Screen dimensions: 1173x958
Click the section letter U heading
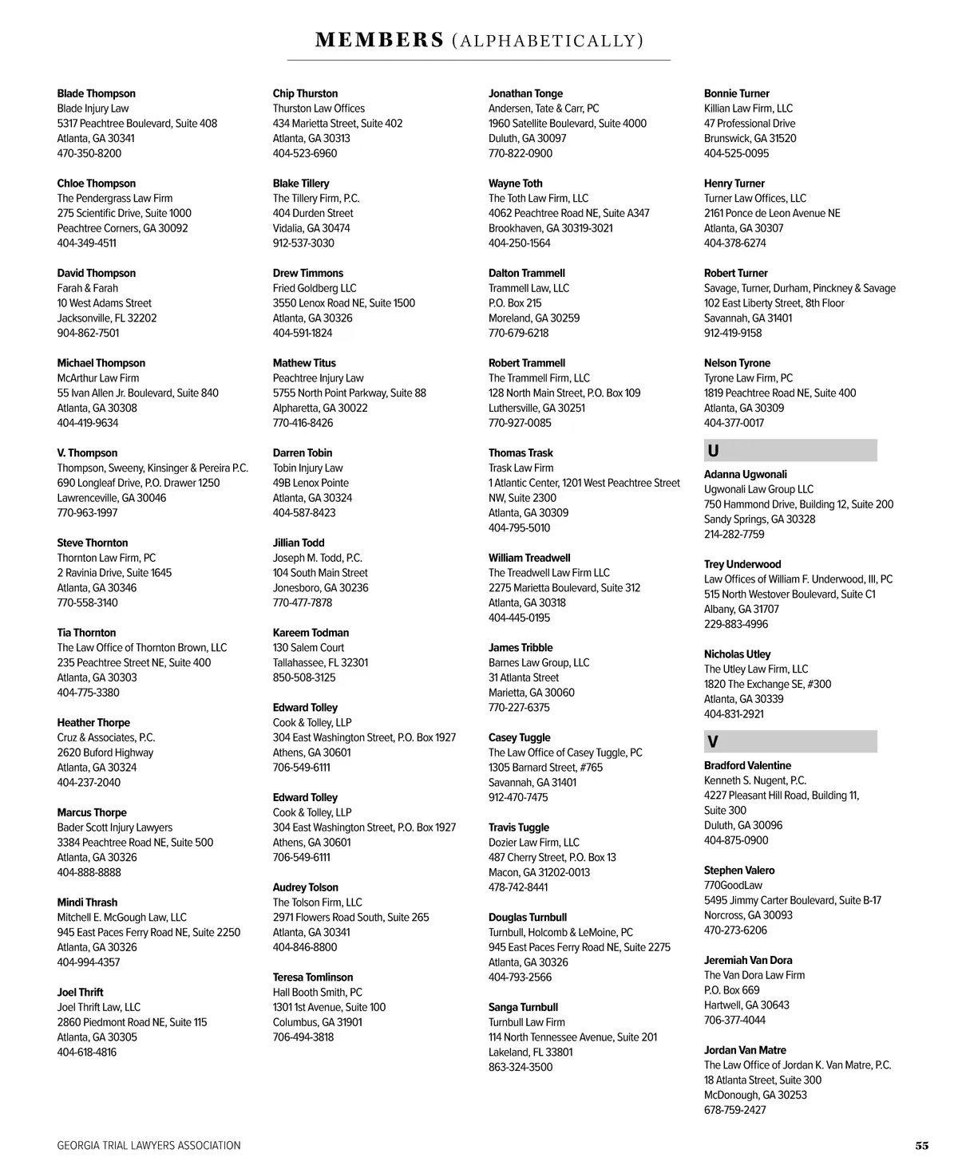(x=713, y=451)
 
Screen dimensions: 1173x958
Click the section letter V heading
(x=713, y=742)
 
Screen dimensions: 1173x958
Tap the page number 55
(x=921, y=1146)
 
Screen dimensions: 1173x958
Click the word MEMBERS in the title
(x=380, y=40)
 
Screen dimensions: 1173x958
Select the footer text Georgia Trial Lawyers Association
(x=148, y=1146)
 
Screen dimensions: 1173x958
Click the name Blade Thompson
(x=96, y=93)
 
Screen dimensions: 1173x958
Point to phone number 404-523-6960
(x=304, y=153)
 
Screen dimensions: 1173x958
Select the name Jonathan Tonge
(x=525, y=93)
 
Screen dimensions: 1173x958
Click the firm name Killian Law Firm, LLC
(x=748, y=109)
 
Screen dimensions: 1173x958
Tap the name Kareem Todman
(x=311, y=633)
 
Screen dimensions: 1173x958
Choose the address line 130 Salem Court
(x=308, y=648)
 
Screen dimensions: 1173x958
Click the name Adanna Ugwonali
(x=745, y=475)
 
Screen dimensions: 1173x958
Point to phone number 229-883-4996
(x=735, y=624)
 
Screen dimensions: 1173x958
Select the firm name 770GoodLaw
(x=733, y=886)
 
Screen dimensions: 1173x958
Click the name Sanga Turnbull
(x=523, y=1008)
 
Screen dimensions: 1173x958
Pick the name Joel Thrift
(x=80, y=993)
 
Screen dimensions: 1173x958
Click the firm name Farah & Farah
(x=87, y=288)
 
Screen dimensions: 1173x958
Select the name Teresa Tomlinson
(x=312, y=977)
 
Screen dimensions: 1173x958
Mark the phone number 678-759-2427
(x=734, y=1110)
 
